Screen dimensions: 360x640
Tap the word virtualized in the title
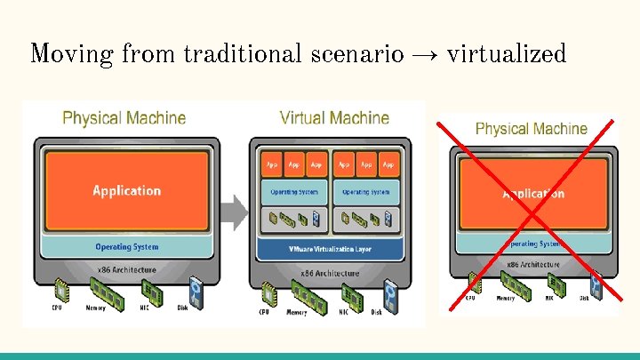[x=506, y=53]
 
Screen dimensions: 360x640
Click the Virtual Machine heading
[x=334, y=117]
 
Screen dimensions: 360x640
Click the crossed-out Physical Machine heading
[x=532, y=129]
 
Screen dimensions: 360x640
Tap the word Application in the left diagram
[x=127, y=190]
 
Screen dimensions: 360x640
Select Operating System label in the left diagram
[x=126, y=246]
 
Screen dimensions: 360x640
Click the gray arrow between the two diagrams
[x=233, y=212]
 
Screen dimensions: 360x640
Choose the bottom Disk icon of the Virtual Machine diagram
[x=388, y=292]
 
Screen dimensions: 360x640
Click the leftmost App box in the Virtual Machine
[x=271, y=164]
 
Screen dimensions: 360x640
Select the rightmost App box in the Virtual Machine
[x=388, y=164]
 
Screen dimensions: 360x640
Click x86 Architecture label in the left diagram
[x=126, y=269]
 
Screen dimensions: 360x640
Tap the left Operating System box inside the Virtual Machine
[x=292, y=191]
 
